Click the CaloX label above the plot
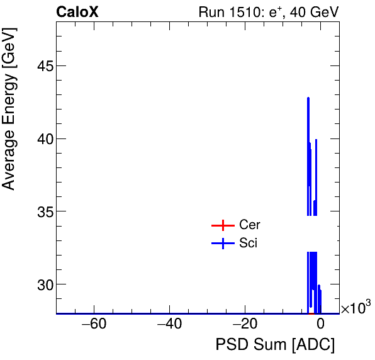[77, 12]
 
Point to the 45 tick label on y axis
[42, 66]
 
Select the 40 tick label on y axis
[42, 138]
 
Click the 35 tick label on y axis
[42, 211]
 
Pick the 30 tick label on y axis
[42, 284]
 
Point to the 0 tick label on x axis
[320, 325]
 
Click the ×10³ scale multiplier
[355, 308]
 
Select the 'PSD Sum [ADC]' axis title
[275, 346]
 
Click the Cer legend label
[249, 225]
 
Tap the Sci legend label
[248, 244]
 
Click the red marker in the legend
[222, 225]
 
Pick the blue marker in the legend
[222, 244]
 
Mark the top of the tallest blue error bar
[308, 98]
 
